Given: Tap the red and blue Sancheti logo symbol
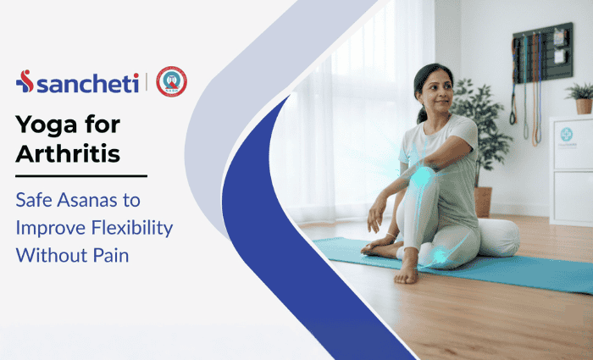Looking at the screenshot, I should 25,81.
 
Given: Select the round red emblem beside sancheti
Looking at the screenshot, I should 172,81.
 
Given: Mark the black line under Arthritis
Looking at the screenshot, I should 81,176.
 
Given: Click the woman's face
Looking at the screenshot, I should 436,91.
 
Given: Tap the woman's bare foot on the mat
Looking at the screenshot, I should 407,269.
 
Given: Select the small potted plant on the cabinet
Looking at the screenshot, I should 582,97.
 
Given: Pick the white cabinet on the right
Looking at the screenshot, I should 570,169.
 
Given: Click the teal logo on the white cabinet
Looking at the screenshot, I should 566,135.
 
